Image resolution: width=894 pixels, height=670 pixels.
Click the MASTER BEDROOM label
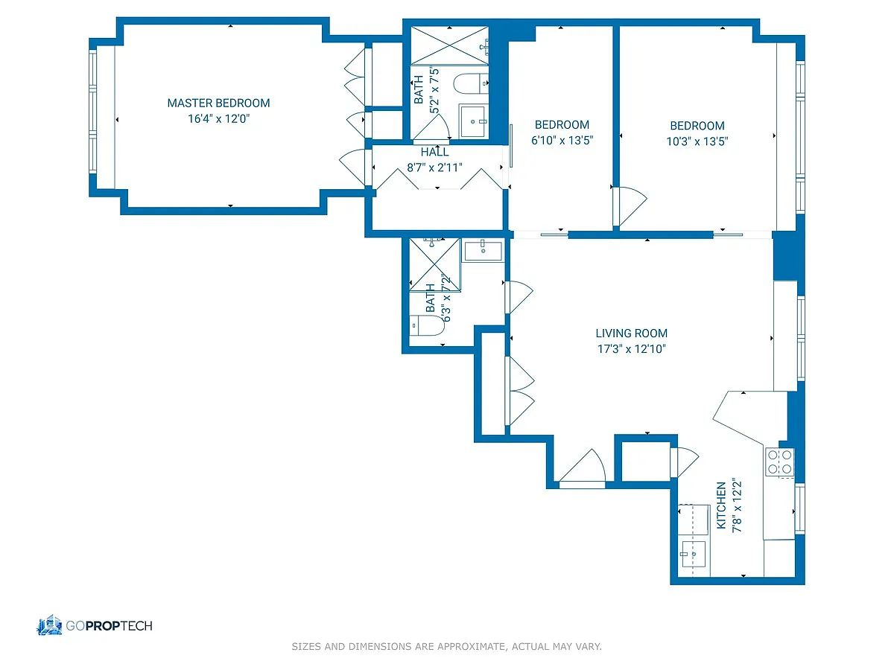click(x=218, y=103)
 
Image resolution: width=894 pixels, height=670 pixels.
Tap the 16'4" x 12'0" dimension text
click(x=218, y=119)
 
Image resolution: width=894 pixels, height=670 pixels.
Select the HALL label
click(x=434, y=152)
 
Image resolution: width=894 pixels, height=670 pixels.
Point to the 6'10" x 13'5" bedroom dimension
click(x=562, y=141)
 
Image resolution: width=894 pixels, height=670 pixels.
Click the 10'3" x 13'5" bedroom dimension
click(x=697, y=141)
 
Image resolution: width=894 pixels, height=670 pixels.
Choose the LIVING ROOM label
click(x=631, y=334)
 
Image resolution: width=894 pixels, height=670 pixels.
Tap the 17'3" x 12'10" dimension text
click(x=631, y=349)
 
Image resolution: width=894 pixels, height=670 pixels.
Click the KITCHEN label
click(x=721, y=505)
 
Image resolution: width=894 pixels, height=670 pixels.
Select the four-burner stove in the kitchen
click(x=779, y=462)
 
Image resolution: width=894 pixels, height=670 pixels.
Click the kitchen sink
click(x=693, y=554)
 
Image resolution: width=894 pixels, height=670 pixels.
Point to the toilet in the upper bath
click(x=471, y=84)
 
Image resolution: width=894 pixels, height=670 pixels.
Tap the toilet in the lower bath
click(x=426, y=325)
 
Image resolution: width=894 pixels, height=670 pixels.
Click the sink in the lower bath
click(x=483, y=250)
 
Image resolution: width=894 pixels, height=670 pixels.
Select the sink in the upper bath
click(x=473, y=121)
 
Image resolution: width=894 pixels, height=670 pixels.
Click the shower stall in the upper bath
click(x=449, y=45)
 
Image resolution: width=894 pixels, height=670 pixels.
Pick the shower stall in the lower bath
click(x=434, y=265)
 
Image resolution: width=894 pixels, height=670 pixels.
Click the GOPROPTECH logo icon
click(x=50, y=625)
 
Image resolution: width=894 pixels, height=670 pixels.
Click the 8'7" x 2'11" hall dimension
click(x=434, y=167)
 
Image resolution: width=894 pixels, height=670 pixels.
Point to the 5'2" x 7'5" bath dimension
click(x=434, y=90)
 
